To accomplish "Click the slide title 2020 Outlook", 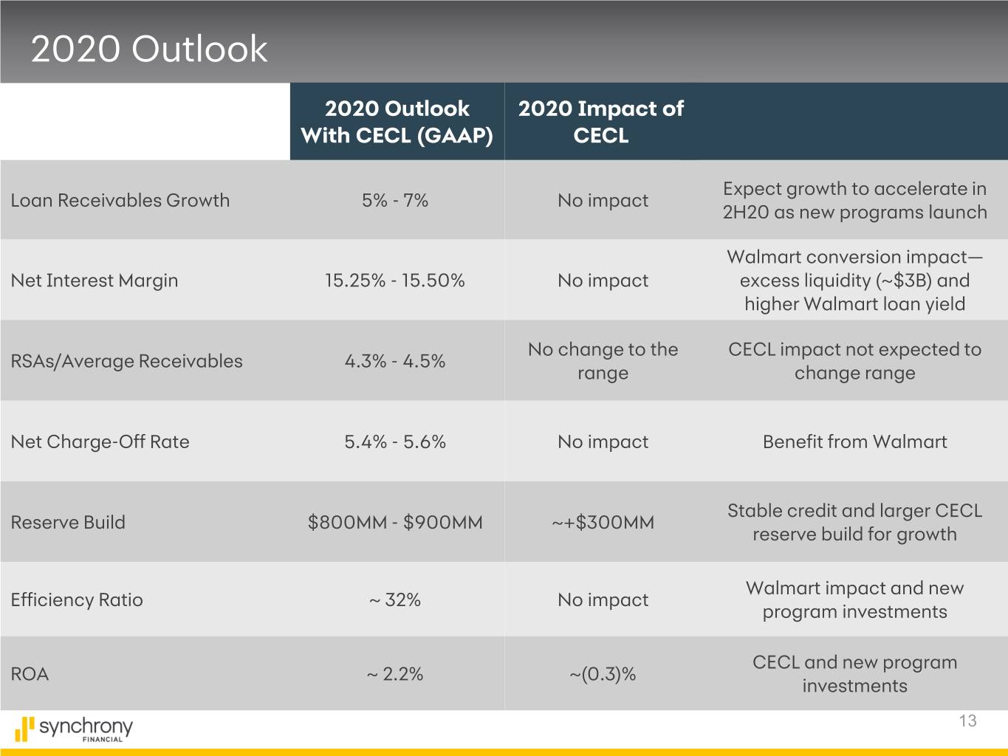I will (x=148, y=49).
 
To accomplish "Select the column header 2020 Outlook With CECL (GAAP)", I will (x=397, y=122).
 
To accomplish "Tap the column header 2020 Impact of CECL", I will (x=600, y=122).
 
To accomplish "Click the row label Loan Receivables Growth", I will (x=120, y=200).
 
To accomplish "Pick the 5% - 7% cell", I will (x=395, y=200).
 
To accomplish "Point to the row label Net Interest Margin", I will (x=95, y=281).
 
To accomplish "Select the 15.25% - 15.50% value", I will (x=395, y=281).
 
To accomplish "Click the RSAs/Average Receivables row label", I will (x=126, y=361).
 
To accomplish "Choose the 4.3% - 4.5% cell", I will (x=395, y=361).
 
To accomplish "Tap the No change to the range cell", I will (x=603, y=361).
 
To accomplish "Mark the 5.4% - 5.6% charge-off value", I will (x=395, y=441).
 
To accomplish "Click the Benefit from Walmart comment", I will (x=854, y=441).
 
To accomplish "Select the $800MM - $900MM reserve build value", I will (x=395, y=523).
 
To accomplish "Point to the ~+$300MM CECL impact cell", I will (x=603, y=523).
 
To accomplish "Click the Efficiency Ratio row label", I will (x=77, y=599).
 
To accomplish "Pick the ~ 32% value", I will (x=395, y=599).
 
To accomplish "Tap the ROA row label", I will (x=30, y=674).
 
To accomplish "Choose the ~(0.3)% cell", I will (x=603, y=674).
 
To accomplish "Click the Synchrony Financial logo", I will (x=74, y=729).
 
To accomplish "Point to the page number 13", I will (x=967, y=721).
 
